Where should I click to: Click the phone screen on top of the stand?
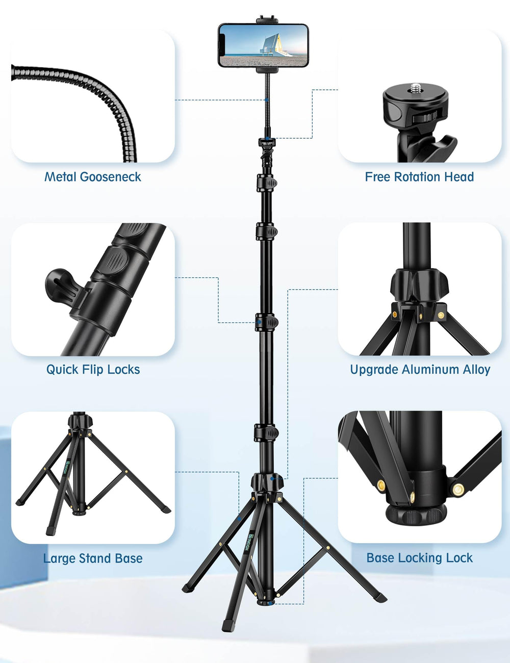(x=263, y=45)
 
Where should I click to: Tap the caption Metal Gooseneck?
(x=93, y=177)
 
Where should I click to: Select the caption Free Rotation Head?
(x=419, y=177)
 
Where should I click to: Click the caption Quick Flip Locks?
(x=93, y=369)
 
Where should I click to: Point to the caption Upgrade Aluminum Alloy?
(x=420, y=369)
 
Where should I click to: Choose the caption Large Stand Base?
(x=93, y=558)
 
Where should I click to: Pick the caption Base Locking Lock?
(x=419, y=558)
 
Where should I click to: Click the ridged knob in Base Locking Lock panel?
(x=416, y=516)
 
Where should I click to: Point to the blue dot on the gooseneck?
(x=267, y=100)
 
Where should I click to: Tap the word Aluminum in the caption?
(x=430, y=369)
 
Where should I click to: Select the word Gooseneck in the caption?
(x=111, y=177)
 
